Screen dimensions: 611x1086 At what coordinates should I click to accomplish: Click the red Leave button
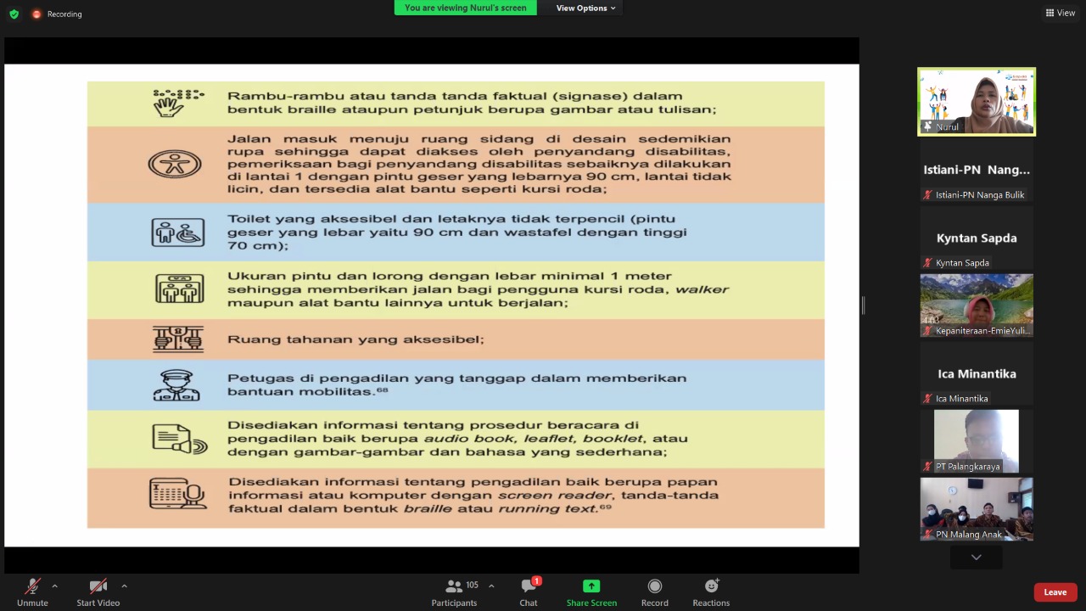(1055, 592)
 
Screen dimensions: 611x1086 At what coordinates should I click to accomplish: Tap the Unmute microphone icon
(32, 586)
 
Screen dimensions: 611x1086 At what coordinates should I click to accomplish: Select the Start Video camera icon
(98, 586)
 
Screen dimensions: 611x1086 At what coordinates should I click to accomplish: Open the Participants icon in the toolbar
(454, 586)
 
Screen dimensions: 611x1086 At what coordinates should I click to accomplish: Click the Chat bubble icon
(529, 586)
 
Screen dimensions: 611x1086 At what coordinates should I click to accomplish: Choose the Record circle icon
(654, 586)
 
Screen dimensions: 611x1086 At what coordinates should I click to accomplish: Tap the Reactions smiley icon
(711, 586)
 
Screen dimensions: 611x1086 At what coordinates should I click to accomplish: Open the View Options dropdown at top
(585, 8)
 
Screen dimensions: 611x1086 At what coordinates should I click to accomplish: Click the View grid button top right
(1061, 13)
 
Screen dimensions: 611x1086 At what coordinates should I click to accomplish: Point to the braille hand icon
(177, 103)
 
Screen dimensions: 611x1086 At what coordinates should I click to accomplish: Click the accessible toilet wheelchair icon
(178, 232)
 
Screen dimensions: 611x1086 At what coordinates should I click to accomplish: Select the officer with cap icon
(176, 384)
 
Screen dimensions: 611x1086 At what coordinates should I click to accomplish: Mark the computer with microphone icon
(178, 494)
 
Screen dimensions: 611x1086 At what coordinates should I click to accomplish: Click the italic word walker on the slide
(703, 289)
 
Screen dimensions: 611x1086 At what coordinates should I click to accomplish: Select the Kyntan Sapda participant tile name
(976, 238)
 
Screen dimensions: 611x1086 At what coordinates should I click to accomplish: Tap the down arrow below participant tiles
(976, 558)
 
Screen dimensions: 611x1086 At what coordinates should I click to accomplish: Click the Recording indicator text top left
(64, 14)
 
